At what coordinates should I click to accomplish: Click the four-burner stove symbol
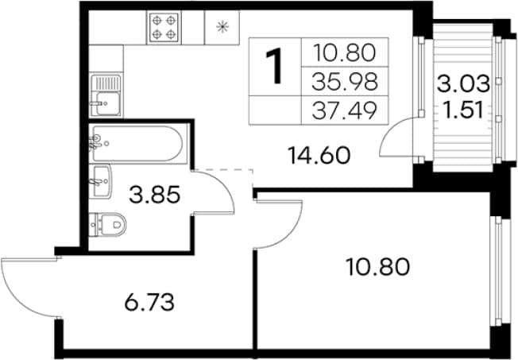[164, 27]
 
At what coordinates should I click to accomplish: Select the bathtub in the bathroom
[137, 143]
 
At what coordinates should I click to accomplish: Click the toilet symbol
[108, 225]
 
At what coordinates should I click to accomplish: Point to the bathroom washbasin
[101, 181]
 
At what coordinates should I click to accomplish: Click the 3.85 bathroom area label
[155, 195]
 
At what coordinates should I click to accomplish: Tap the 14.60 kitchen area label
[319, 156]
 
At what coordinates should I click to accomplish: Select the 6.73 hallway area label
[149, 302]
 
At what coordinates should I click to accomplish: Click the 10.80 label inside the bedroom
[377, 267]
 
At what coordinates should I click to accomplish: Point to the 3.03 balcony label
[463, 83]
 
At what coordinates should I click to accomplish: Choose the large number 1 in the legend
[274, 66]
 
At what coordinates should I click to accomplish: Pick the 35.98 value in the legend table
[345, 82]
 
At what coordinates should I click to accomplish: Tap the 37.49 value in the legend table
[345, 110]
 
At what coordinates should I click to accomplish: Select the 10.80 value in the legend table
[345, 53]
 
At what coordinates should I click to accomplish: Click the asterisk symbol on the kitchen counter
[222, 27]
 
